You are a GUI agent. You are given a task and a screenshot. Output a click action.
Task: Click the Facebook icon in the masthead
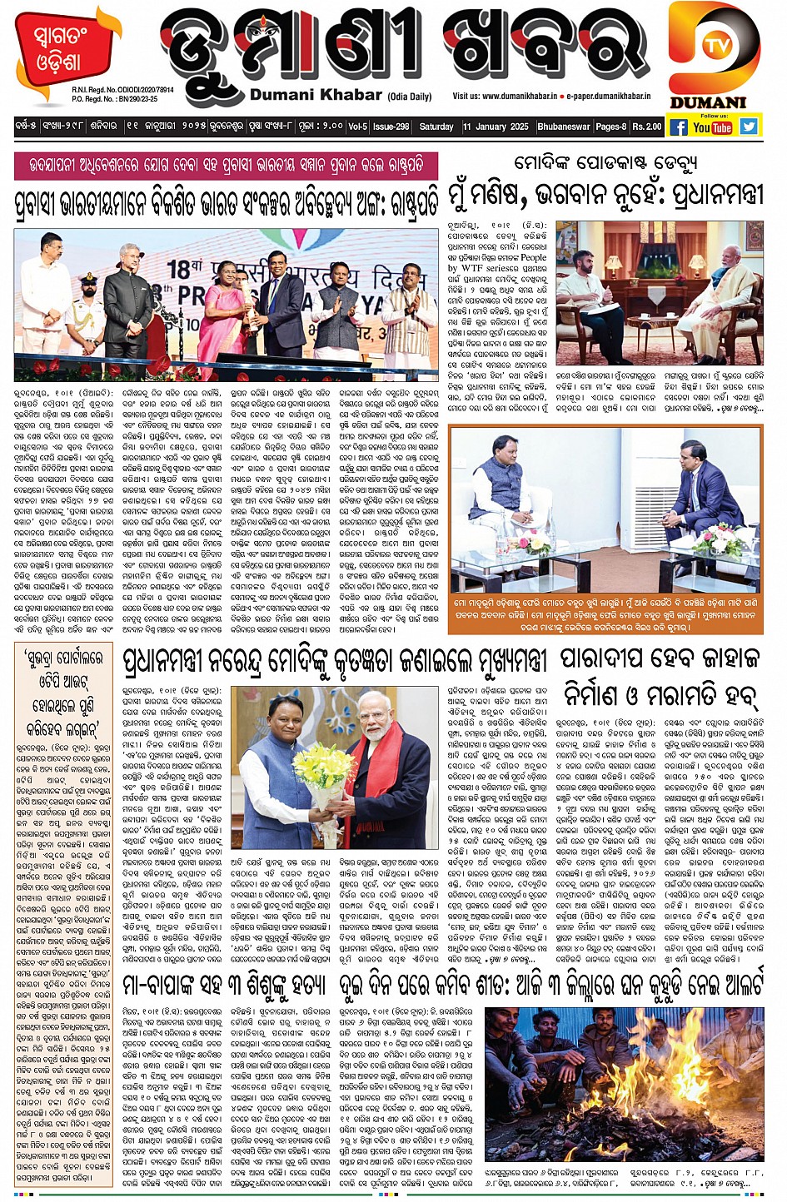(679, 127)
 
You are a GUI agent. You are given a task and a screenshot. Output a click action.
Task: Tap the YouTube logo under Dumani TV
(712, 127)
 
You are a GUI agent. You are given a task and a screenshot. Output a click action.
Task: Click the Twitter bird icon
(749, 127)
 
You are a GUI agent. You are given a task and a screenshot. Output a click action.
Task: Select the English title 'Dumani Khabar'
(316, 95)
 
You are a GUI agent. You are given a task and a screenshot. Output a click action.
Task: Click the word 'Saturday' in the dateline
(436, 127)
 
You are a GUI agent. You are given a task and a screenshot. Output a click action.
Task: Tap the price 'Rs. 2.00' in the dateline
(646, 127)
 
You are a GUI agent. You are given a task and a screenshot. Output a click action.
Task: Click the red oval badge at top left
(58, 51)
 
